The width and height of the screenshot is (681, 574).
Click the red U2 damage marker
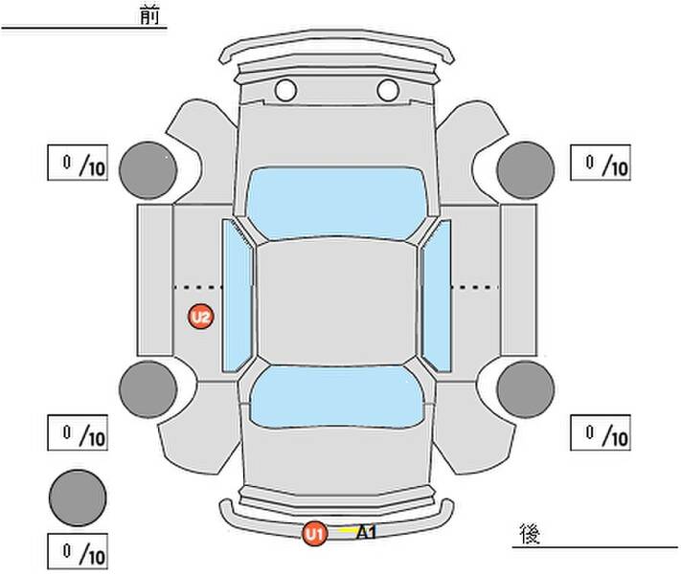pos(200,317)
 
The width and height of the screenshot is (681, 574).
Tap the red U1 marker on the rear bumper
pos(315,534)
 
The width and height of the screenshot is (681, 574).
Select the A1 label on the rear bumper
pos(366,532)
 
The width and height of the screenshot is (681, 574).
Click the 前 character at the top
pos(149,15)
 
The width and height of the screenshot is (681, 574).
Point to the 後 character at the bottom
pos(530,534)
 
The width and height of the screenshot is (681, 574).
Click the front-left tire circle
pos(148,170)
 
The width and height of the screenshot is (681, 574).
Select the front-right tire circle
pos(526,170)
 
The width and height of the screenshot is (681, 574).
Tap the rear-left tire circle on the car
pos(148,389)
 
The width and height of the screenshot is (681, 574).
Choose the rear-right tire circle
pos(526,389)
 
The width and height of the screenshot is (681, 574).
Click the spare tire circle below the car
pos(78,497)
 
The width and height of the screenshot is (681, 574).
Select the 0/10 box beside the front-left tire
pos(78,163)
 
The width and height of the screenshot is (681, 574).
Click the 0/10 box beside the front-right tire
pos(601,163)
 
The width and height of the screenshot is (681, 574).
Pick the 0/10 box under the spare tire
pos(78,551)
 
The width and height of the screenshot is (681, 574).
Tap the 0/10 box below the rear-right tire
pos(601,432)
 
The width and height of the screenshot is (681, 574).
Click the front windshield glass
pos(336,203)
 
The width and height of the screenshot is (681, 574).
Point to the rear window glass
pos(336,397)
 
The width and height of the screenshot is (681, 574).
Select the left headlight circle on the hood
pos(285,90)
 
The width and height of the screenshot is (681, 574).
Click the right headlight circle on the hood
pos(388,90)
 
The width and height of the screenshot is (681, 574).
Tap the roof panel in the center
pos(336,302)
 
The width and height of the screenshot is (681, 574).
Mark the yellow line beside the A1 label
pos(347,530)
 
